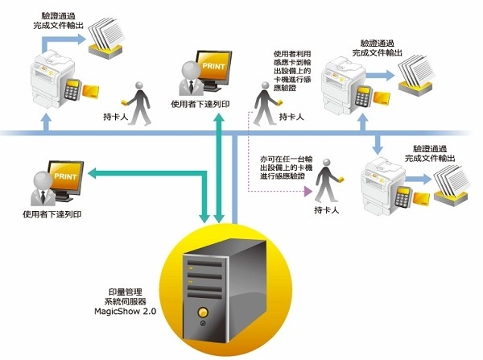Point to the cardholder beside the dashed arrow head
point(326,185)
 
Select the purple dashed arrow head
point(308,192)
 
